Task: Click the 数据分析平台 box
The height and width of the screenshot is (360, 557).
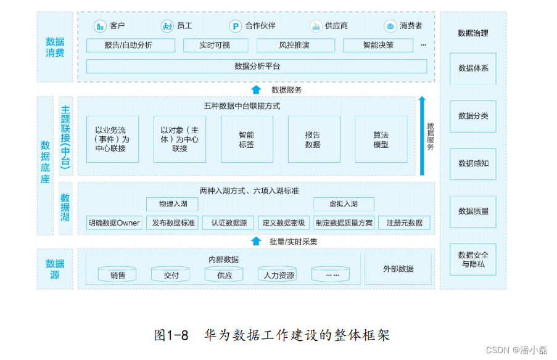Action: [x=257, y=66]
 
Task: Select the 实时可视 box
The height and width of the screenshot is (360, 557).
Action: [x=215, y=45]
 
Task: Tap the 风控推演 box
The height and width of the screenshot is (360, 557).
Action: [x=295, y=45]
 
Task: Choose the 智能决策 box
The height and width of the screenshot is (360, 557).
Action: [x=378, y=45]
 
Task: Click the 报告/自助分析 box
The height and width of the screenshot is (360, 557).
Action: [x=130, y=45]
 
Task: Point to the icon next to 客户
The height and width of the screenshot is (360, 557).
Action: [x=99, y=26]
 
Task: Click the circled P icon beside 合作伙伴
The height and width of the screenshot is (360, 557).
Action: [x=235, y=26]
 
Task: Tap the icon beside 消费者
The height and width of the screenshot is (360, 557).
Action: [x=390, y=26]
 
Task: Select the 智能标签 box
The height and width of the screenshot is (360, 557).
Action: [x=246, y=139]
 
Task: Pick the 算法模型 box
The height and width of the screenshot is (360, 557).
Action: [x=381, y=139]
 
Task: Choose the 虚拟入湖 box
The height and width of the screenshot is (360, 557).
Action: [x=343, y=204]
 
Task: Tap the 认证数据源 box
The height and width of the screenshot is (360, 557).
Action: [x=228, y=223]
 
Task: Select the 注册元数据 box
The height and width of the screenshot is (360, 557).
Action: [x=404, y=223]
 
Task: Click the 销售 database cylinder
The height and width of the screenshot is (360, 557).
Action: [x=118, y=274]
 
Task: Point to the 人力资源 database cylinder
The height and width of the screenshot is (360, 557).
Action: [x=277, y=274]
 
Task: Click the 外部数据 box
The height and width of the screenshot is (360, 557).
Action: [x=398, y=269]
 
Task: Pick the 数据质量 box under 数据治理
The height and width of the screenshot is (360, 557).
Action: [x=473, y=211]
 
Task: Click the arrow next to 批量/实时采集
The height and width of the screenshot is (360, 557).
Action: [x=256, y=241]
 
